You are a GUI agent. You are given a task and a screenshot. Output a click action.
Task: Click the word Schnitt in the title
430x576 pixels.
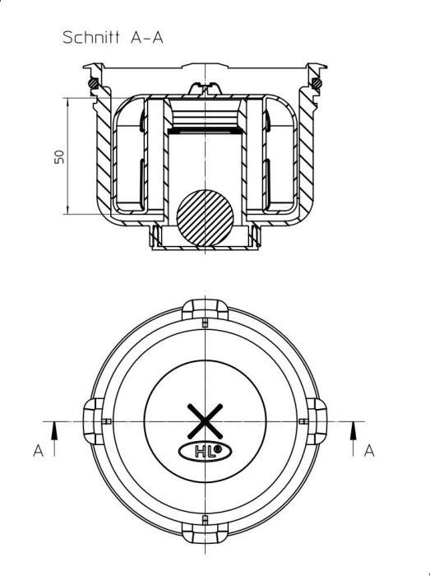point(91,37)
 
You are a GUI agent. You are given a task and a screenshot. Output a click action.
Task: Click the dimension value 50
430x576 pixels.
point(59,157)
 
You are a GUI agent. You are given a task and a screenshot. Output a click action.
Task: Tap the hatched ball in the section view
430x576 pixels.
point(205,219)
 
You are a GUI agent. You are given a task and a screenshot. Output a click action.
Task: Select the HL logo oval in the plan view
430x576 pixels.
point(205,452)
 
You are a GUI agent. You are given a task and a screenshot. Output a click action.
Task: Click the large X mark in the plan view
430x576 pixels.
point(205,421)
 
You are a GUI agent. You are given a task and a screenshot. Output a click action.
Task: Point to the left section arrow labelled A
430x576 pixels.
point(54,439)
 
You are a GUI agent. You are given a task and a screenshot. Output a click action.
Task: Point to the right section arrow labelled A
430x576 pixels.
point(354,439)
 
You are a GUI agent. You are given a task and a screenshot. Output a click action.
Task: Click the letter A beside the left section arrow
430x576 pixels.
point(38,450)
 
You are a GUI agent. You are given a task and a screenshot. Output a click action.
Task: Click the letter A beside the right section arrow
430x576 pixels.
point(369,450)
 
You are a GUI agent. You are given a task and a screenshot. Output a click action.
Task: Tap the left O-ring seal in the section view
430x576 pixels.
point(94,83)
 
